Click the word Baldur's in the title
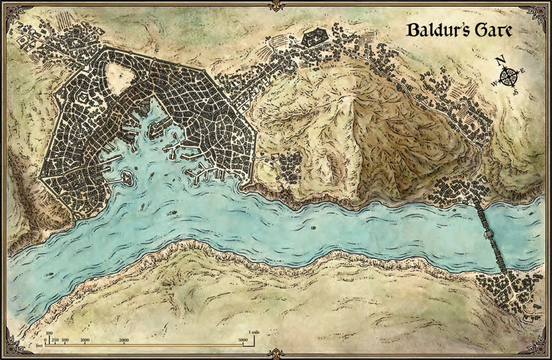click(431, 31)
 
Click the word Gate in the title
click(494, 31)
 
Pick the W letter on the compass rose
click(494, 84)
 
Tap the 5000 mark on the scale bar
click(241, 341)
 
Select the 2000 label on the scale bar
click(124, 341)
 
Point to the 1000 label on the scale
click(85, 341)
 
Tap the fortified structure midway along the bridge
click(490, 234)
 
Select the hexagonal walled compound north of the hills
click(315, 37)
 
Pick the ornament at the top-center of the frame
click(276, 6)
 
